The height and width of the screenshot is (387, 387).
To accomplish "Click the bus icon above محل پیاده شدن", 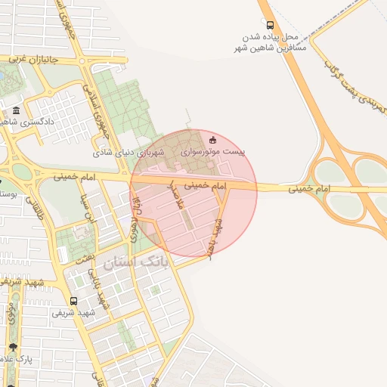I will coord(271,25).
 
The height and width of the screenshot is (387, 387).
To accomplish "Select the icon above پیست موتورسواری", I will coord(212,139).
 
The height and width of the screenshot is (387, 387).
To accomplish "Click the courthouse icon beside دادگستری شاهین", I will coord(17,111).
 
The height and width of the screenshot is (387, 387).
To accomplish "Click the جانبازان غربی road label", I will coord(28,58).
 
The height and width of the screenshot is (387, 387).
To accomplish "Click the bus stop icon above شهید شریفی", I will coord(73,300).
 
